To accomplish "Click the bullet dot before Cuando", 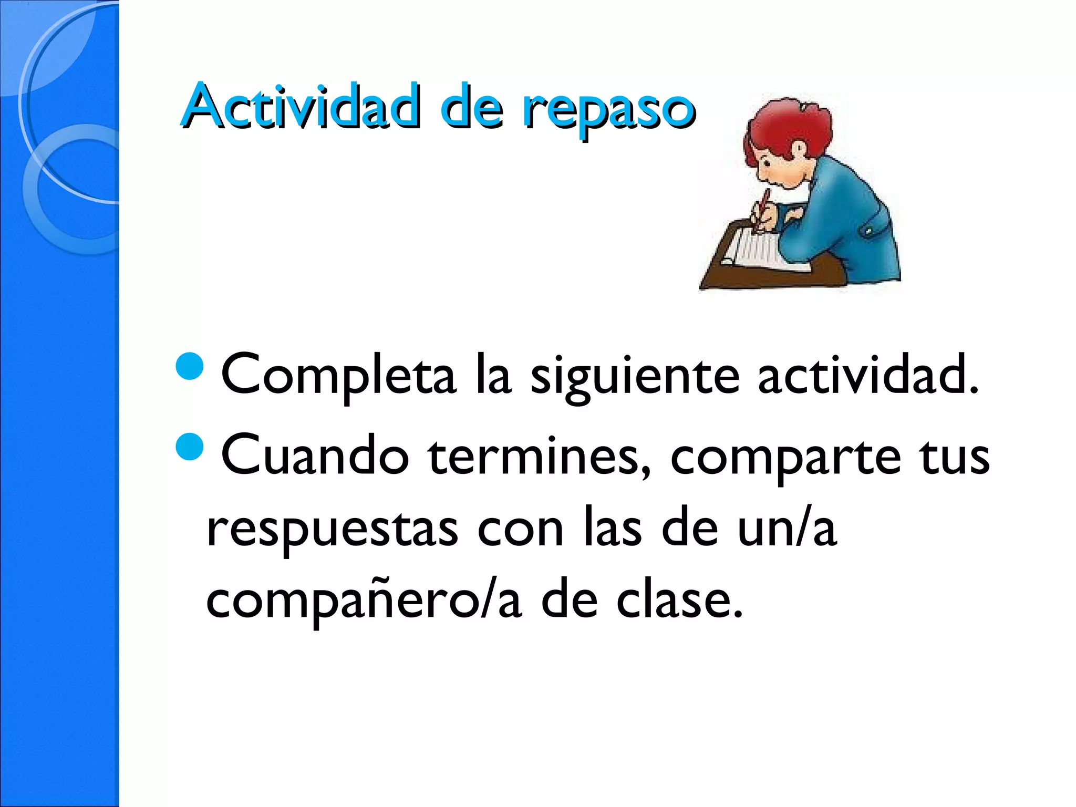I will [x=189, y=446].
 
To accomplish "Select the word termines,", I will [x=539, y=456].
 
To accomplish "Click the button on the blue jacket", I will [x=868, y=231].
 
